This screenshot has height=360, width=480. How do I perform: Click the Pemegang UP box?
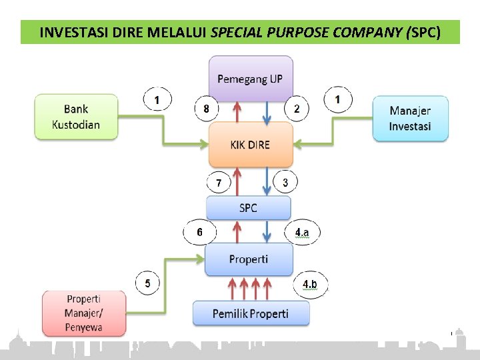[x=250, y=79]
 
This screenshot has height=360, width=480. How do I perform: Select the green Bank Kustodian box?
[x=76, y=117]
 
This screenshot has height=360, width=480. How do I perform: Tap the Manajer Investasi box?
[x=410, y=119]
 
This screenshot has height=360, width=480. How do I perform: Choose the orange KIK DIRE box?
[x=250, y=145]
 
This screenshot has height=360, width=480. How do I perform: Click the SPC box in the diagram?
[x=248, y=208]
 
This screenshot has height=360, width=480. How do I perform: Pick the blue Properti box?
[x=248, y=259]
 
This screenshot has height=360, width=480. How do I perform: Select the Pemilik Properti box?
[x=251, y=313]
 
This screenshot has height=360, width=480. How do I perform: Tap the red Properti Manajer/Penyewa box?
[x=84, y=313]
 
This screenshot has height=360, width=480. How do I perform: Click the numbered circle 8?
[x=207, y=108]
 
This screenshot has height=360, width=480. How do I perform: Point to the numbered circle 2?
[x=297, y=108]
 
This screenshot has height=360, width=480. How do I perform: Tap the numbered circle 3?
[x=285, y=182]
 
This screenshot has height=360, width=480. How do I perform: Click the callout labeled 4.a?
[x=302, y=233]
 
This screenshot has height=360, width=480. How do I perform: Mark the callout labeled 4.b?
[x=310, y=285]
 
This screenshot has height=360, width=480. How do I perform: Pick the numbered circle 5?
[x=148, y=284]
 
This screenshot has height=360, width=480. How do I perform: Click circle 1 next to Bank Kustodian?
[x=157, y=101]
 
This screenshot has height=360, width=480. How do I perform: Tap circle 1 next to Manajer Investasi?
[x=339, y=101]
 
